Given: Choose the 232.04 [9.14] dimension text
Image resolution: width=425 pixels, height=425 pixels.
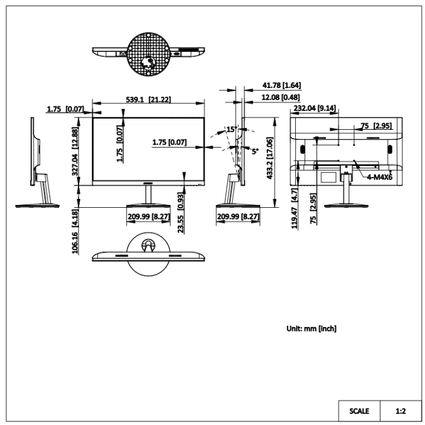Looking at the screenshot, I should pos(315,108).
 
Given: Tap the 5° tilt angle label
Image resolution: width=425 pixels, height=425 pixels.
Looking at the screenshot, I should pos(255,151).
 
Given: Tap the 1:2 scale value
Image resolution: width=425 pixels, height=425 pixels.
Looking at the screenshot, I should pos(400,410).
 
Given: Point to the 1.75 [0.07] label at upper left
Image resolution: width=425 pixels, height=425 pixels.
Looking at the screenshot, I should pos(66,109).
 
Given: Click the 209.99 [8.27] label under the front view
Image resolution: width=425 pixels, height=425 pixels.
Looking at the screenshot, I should pos(148,217).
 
